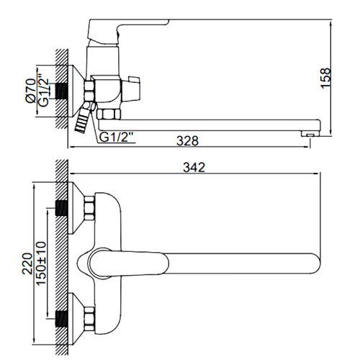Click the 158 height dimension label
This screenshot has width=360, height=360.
pos(325,78)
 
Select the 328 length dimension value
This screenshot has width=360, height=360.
pos(187,141)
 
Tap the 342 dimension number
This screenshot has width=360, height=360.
pos(194,167)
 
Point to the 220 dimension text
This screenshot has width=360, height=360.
pos(27,264)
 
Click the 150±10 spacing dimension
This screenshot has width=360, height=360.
pos(40,264)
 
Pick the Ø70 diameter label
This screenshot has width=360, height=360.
pos(31,91)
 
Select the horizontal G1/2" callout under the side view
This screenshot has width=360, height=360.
pos(116,138)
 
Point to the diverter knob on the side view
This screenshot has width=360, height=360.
pos(131,89)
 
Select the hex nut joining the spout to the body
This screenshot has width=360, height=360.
pos(109,114)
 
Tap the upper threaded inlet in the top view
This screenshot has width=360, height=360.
pos(61,208)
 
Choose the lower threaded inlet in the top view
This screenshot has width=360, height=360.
pos(61,318)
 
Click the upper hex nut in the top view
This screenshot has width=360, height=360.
pos(89,208)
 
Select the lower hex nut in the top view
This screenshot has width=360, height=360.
pos(89,318)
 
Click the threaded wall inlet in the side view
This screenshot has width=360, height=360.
pos(61,91)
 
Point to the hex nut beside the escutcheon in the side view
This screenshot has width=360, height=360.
pos(89,91)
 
